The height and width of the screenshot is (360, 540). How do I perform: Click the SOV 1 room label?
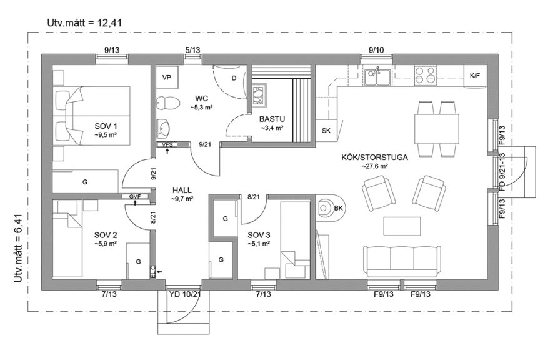(106, 126)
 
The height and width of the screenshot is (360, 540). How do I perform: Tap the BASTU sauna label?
(272, 119)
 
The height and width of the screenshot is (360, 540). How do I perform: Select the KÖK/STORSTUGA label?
(375, 157)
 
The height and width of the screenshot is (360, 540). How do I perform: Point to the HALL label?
(182, 191)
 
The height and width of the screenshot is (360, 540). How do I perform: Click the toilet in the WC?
(168, 102)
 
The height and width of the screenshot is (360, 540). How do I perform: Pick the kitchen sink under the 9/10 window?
(377, 77)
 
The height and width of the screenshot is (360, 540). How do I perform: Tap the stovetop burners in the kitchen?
(425, 76)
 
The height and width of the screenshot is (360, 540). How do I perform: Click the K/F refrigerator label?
(475, 76)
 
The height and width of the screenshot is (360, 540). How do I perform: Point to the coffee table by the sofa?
(402, 226)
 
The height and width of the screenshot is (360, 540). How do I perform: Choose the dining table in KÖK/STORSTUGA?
(437, 129)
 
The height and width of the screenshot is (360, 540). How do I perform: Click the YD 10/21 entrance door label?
(185, 294)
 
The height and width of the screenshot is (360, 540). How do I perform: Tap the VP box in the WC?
(167, 77)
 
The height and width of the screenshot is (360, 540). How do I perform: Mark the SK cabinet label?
(326, 131)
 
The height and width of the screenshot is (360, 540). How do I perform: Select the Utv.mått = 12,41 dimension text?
(84, 22)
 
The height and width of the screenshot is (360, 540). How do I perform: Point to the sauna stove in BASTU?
(259, 94)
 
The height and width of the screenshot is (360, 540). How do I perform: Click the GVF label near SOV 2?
(135, 196)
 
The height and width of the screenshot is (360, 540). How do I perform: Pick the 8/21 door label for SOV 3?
(254, 197)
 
